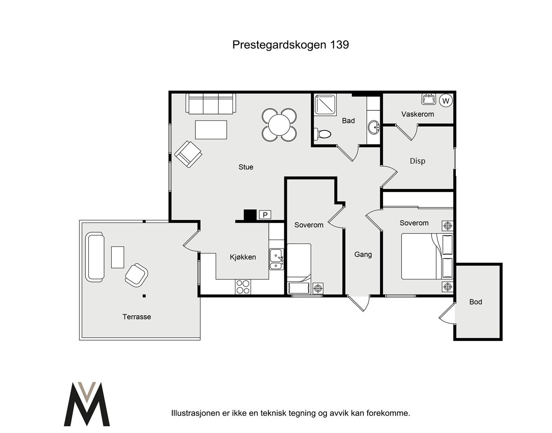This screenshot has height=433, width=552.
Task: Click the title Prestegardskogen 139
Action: (x=290, y=45)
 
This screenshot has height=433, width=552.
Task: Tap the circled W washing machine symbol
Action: (x=445, y=101)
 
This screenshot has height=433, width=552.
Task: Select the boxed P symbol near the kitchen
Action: (x=265, y=215)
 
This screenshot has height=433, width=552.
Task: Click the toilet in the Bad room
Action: (x=322, y=133)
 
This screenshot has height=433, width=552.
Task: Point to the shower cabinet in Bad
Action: (x=325, y=104)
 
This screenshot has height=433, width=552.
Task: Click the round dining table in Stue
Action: (x=279, y=125)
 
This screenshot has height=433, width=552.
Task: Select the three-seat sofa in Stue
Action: (x=211, y=103)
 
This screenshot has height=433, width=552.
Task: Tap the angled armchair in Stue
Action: (x=188, y=154)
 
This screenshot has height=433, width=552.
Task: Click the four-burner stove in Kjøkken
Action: (x=243, y=287)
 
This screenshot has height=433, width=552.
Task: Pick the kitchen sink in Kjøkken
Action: (x=276, y=259)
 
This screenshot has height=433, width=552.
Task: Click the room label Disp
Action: (x=417, y=161)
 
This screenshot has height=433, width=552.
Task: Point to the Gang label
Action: (x=363, y=255)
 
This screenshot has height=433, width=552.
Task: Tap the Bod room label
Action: (x=475, y=302)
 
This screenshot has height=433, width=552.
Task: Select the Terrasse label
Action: (x=137, y=317)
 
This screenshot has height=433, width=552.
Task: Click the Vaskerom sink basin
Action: (x=429, y=99)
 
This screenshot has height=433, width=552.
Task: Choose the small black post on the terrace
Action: (x=144, y=296)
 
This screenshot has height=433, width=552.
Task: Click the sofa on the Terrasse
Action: (x=95, y=257)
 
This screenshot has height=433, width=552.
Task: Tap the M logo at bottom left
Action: (x=87, y=404)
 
